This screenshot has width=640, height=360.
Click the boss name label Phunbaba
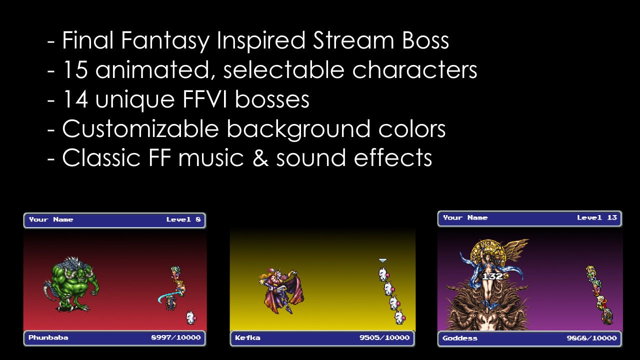[x=48, y=337]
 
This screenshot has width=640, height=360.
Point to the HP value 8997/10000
[x=176, y=337]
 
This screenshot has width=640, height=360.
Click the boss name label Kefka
[x=247, y=337]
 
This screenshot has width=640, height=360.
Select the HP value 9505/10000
[x=384, y=337]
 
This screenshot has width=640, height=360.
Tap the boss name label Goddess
[x=460, y=338]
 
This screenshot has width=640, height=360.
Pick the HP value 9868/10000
[x=591, y=338]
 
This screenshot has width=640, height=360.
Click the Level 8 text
[x=183, y=219]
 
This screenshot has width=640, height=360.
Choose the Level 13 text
[x=597, y=217]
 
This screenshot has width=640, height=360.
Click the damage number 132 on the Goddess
[x=492, y=276]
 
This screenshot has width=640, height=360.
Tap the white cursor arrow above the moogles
[x=383, y=260]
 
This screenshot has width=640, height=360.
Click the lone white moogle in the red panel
[x=190, y=317]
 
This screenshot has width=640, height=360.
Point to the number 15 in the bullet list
[x=74, y=70]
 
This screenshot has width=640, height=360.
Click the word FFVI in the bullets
[x=205, y=99]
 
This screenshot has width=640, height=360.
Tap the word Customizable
[x=140, y=129]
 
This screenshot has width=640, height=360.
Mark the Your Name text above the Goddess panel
[x=465, y=217]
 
